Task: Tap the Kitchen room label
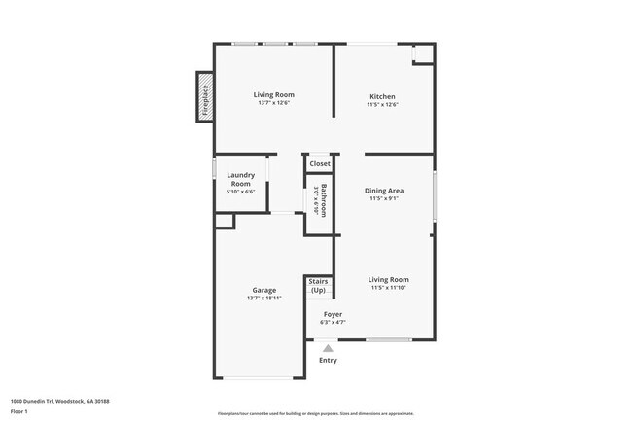[382, 96]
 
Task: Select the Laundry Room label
[240, 179]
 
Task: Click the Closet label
[320, 164]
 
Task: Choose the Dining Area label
[384, 190]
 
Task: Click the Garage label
[263, 290]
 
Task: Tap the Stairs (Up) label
[318, 287]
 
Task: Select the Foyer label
[333, 314]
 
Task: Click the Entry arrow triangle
[328, 347]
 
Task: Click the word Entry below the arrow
[328, 361]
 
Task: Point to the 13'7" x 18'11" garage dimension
[263, 298]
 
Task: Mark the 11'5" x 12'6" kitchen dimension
[382, 105]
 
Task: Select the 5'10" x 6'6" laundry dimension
[240, 192]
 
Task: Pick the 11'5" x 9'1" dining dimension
[384, 198]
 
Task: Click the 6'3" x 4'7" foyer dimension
[333, 322]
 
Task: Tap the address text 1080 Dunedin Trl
[60, 400]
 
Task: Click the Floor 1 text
[18, 412]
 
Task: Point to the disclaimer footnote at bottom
[315, 413]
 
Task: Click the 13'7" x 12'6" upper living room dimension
[273, 104]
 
